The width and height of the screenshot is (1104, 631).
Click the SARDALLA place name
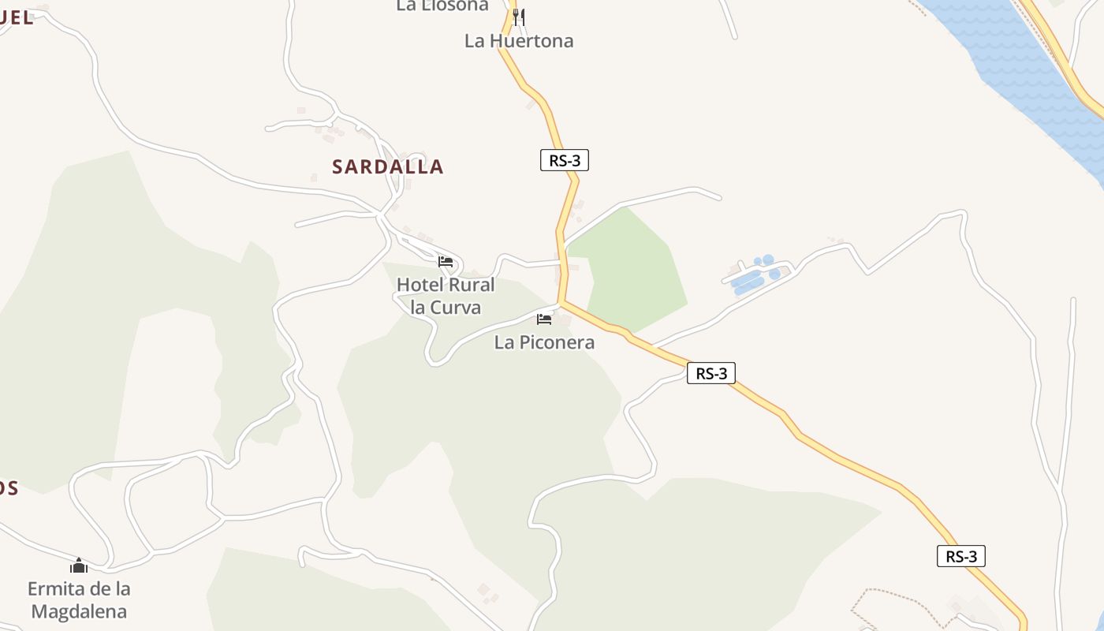click(387, 167)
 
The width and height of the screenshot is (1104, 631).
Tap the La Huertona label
click(518, 41)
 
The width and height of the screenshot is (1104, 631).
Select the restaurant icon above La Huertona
click(518, 17)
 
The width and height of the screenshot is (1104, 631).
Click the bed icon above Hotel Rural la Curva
click(446, 262)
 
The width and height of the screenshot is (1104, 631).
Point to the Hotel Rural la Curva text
click(446, 296)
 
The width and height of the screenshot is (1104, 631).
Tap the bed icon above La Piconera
click(544, 319)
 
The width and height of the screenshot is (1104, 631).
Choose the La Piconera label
click(544, 343)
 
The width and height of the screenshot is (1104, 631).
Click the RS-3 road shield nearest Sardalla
click(565, 160)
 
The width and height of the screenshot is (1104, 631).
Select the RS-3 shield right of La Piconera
click(711, 373)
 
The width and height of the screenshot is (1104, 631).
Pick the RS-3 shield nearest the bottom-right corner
click(961, 556)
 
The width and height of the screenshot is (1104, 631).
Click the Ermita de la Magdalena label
click(79, 599)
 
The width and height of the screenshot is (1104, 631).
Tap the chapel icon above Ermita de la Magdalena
click(78, 566)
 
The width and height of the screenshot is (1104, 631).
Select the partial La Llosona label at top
click(442, 6)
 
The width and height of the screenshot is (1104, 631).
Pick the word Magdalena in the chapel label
click(79, 611)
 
